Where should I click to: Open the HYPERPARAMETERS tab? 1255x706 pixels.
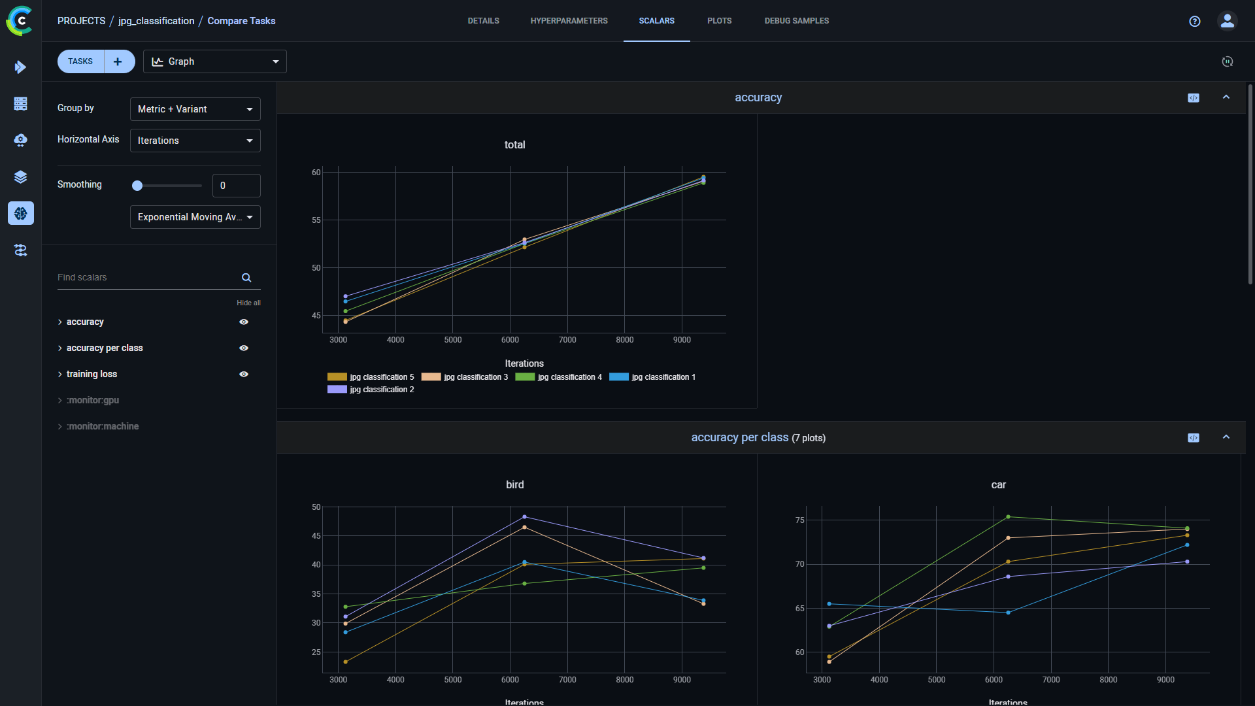569,21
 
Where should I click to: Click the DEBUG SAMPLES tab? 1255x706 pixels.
796,21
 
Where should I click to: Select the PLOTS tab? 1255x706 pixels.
719,21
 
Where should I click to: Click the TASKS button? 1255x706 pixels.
81,61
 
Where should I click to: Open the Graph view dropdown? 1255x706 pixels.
214,61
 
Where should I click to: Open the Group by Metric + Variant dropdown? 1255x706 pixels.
195,109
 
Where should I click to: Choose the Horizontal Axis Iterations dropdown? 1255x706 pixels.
195,141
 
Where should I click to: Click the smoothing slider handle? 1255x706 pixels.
137,186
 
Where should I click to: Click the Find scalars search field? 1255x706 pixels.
148,277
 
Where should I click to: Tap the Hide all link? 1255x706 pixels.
248,303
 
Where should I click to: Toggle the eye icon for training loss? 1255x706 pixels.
244,375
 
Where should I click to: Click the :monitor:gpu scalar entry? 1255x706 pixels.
93,400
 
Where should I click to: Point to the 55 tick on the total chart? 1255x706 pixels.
316,220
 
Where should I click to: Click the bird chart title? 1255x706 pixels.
514,485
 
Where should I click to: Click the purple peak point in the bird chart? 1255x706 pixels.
524,517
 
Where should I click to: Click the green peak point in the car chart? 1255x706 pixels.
1008,517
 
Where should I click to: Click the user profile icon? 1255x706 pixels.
1227,21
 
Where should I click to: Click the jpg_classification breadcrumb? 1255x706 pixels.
156,21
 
